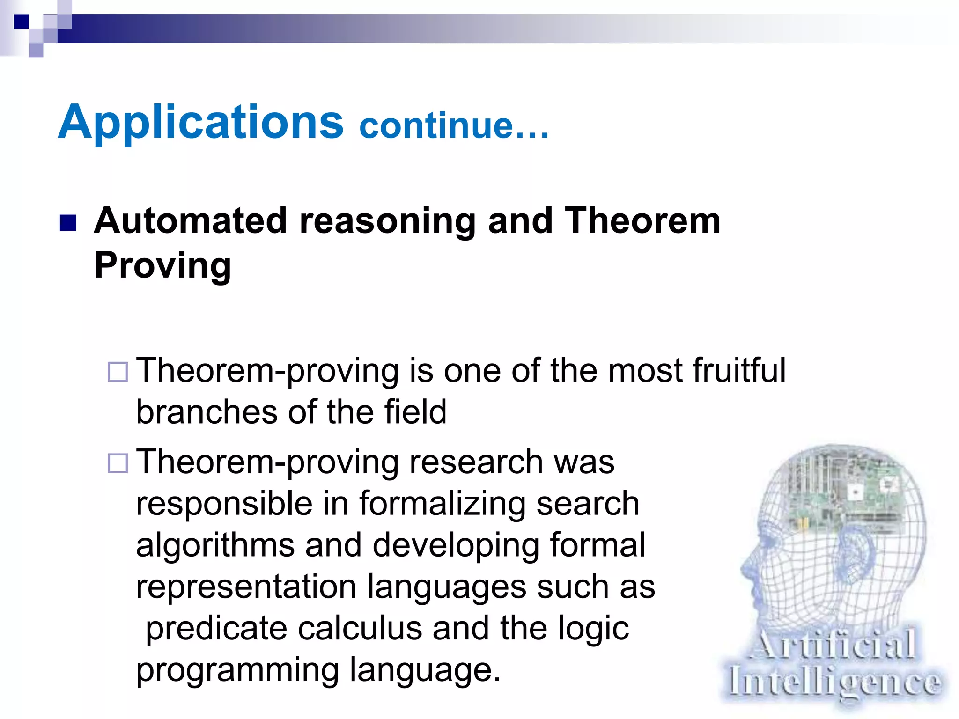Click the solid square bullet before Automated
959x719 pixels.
68,223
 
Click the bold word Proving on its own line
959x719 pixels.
162,265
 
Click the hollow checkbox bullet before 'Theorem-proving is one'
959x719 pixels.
118,372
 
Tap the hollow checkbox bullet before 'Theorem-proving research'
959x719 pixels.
118,463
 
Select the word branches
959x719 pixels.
207,412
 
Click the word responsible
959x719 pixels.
224,504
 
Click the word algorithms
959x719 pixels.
215,545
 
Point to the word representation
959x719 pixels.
246,587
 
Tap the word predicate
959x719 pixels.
216,628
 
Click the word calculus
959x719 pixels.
360,628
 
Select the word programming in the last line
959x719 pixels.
237,670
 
